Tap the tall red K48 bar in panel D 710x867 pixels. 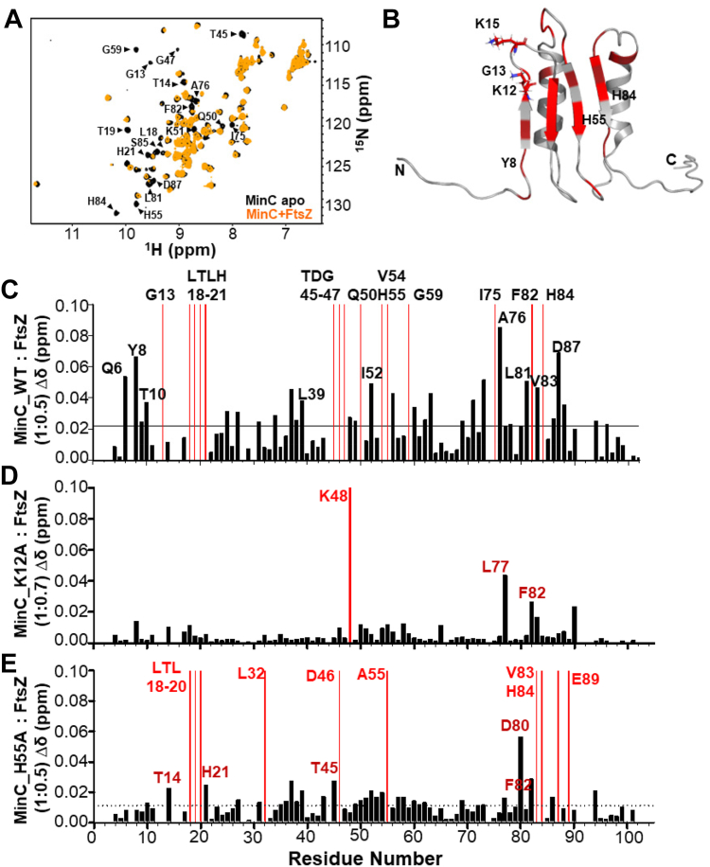tap(350, 568)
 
